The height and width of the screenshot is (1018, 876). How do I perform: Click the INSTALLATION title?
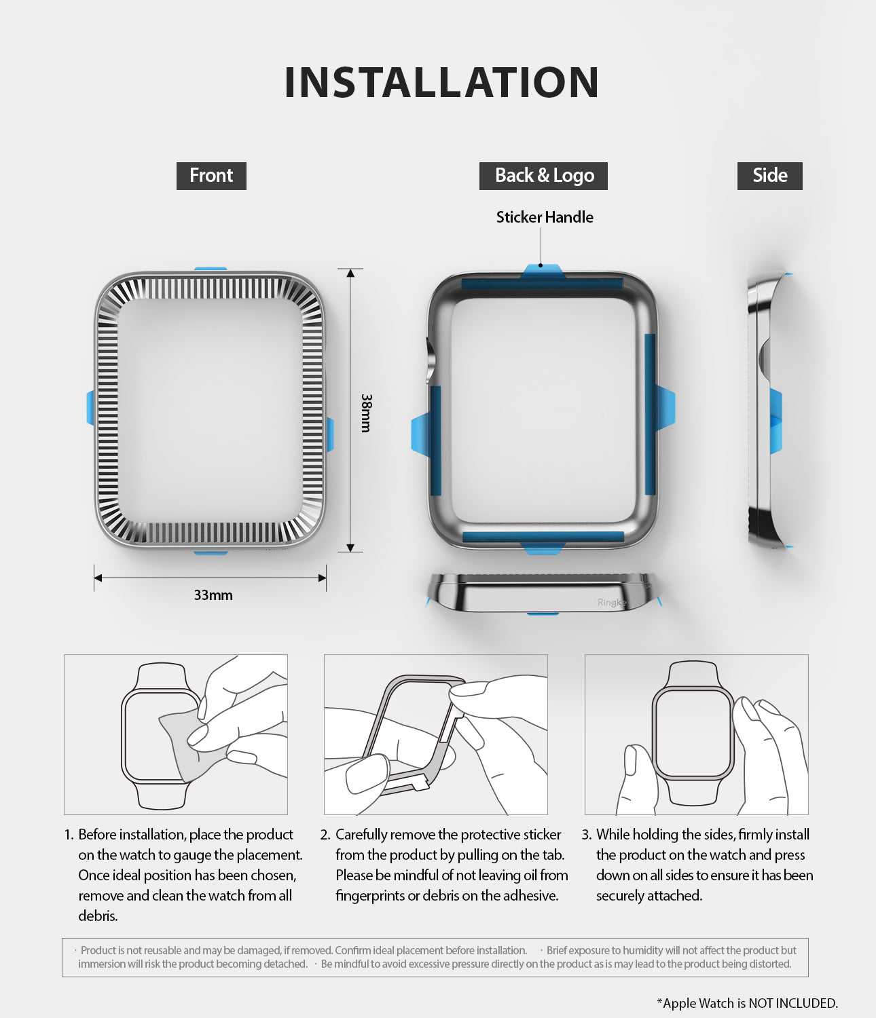coord(441,83)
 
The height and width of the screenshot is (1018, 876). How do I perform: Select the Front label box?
coord(211,176)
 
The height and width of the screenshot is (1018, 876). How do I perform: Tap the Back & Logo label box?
coord(543,176)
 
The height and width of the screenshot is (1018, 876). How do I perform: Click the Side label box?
coord(769,176)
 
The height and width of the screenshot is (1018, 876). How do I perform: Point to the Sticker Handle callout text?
coord(544,217)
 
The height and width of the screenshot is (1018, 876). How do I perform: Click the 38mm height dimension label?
coord(367,413)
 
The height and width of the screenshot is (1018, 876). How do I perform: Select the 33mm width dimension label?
coord(213,595)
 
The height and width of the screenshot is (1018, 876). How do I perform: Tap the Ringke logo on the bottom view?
coord(611,603)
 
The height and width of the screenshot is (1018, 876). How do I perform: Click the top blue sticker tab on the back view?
coord(541,272)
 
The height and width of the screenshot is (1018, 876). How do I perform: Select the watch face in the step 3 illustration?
coord(692,732)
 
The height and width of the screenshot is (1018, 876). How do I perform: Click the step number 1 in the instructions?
coord(69,835)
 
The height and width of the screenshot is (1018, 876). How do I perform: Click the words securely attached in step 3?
coord(649,896)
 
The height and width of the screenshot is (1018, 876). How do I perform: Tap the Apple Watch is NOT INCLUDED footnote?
coord(747,1003)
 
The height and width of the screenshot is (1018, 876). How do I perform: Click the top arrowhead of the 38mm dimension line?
coord(350,274)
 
